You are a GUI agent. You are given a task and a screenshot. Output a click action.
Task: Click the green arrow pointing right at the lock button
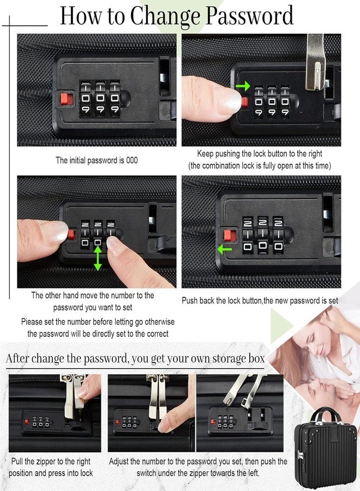click(243, 86)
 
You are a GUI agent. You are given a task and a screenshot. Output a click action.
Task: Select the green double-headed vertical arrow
click(98, 259)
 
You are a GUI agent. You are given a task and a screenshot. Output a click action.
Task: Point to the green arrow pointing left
click(224, 249)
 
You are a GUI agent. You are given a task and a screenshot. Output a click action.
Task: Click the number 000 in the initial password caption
click(132, 160)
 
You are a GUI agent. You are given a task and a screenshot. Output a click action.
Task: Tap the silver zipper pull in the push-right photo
click(315, 62)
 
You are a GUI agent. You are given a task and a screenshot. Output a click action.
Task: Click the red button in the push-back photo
click(230, 235)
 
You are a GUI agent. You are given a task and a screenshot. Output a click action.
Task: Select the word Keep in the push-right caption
click(205, 154)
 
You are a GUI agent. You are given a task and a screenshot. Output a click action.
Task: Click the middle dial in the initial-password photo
click(100, 98)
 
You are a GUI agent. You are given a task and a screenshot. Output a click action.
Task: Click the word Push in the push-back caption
click(190, 301)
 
